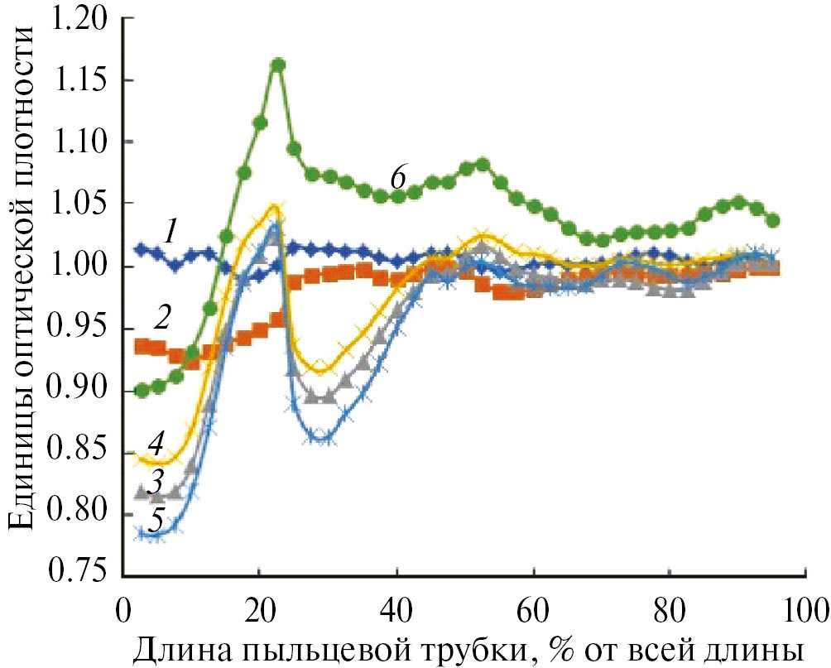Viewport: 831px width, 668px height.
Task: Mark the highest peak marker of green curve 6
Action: [x=278, y=65]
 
